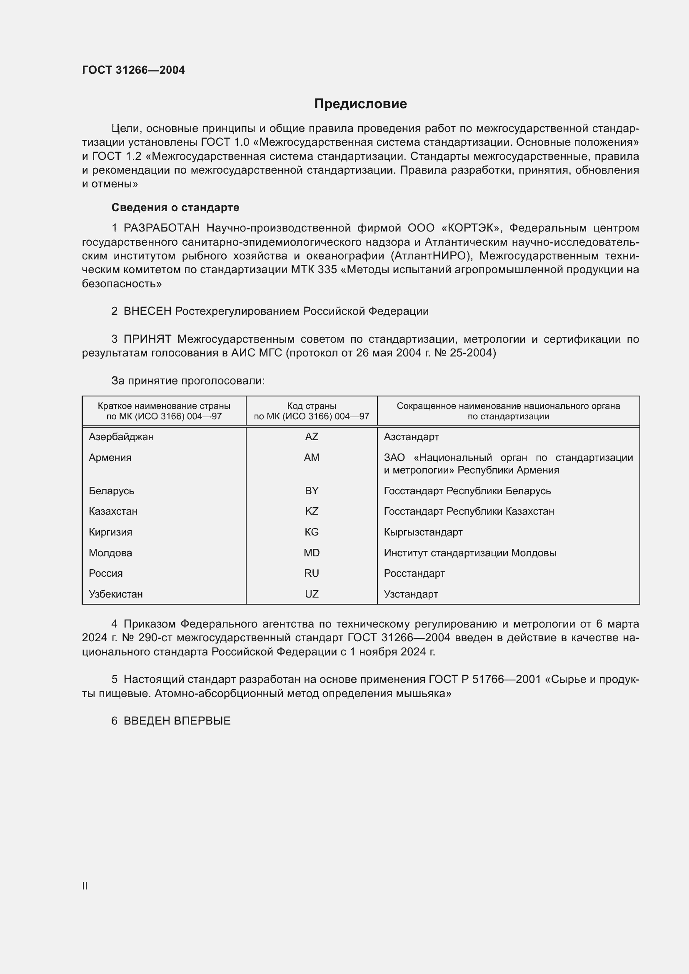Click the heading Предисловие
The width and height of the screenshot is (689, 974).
(360, 104)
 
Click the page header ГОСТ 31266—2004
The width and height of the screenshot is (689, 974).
(133, 70)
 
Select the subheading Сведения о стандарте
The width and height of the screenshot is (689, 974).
(175, 207)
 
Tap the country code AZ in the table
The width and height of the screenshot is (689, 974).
(312, 436)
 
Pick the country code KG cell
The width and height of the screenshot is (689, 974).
(312, 532)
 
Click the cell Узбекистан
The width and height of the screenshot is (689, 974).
(115, 594)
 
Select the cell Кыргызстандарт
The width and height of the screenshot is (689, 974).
(423, 532)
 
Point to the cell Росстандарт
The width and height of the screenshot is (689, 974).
(414, 573)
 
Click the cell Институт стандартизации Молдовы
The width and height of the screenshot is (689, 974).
(469, 553)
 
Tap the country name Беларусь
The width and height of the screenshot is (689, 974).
(111, 491)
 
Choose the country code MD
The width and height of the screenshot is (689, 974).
(312, 553)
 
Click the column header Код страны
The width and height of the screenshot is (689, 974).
(312, 406)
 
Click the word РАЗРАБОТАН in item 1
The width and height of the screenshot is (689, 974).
(162, 228)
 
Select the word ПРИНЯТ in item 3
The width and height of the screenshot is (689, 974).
(147, 339)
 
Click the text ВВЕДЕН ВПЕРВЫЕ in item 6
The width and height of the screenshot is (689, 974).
(177, 721)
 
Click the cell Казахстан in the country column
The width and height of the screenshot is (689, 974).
(113, 511)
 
